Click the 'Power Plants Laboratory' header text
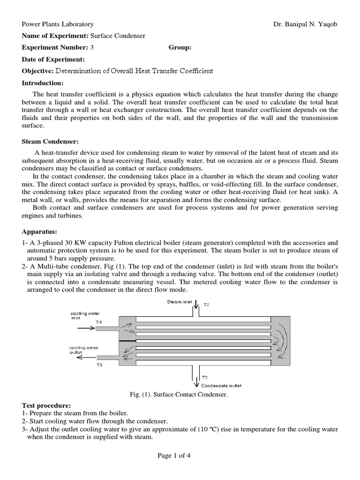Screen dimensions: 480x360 tap(58, 24)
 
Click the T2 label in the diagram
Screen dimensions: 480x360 tap(206, 305)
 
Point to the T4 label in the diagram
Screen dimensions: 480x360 tap(98, 322)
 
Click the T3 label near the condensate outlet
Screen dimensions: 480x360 tap(204, 377)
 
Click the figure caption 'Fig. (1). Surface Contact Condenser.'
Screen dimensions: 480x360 tap(180, 395)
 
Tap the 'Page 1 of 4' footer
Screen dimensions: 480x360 tap(180, 455)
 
